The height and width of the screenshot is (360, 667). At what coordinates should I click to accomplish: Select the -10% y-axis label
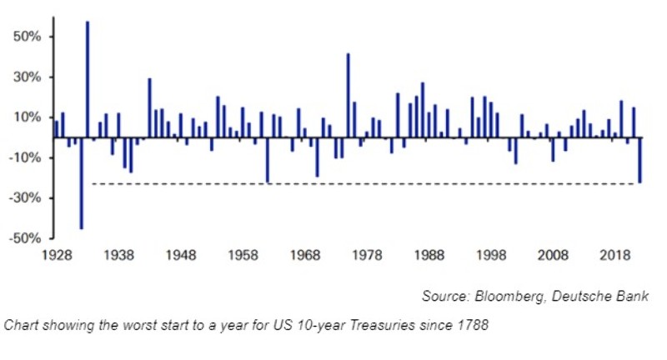[x=27, y=157]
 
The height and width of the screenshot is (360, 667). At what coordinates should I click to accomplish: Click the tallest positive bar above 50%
[x=88, y=79]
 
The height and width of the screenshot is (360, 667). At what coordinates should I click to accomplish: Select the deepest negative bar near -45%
[x=81, y=182]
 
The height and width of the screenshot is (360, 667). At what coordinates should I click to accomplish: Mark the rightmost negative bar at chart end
[x=639, y=160]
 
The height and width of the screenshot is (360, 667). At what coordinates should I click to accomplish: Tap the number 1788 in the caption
[x=474, y=325]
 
